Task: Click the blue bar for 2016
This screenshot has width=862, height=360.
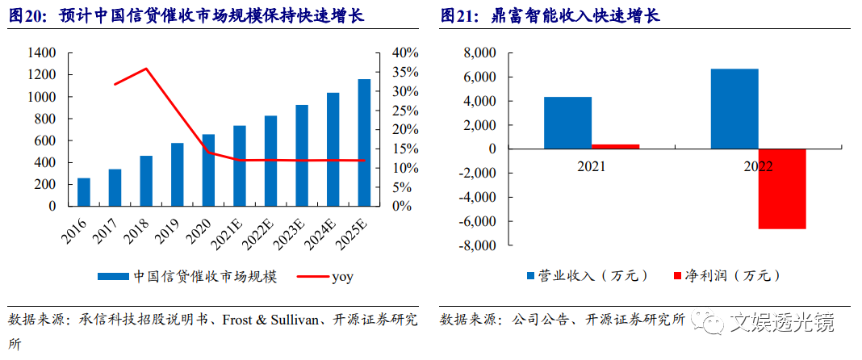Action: (x=83, y=192)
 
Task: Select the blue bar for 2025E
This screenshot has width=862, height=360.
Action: (x=364, y=143)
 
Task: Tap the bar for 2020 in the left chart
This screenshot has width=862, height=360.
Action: (x=208, y=170)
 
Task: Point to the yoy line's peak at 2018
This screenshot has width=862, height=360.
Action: (x=145, y=69)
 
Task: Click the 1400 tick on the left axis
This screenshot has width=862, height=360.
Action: (x=40, y=53)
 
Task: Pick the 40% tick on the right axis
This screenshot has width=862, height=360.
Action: (x=405, y=53)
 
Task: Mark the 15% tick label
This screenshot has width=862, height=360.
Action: (x=405, y=149)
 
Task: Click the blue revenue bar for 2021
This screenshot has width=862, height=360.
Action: (x=567, y=123)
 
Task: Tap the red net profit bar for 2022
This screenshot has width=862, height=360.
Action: (x=782, y=189)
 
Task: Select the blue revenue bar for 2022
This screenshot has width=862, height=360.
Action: (x=734, y=109)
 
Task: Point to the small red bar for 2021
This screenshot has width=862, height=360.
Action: (x=615, y=146)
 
